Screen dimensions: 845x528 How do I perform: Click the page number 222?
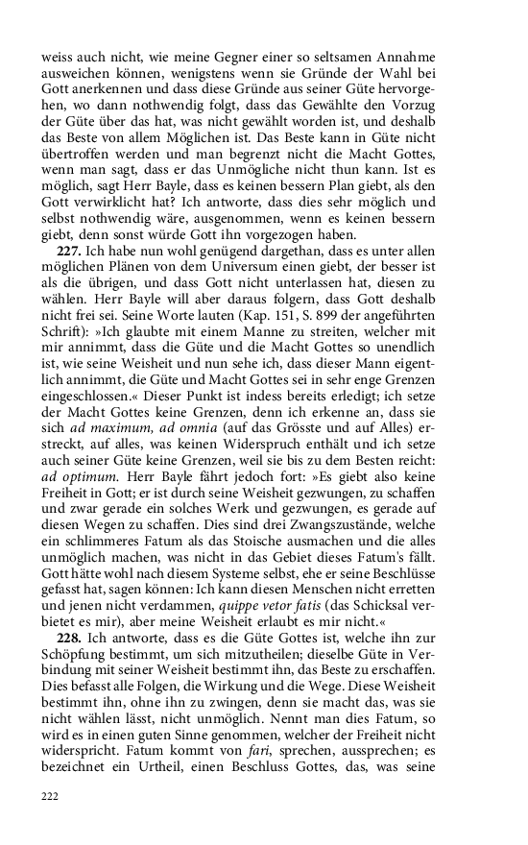click(x=50, y=796)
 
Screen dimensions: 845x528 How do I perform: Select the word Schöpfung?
click(x=78, y=656)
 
